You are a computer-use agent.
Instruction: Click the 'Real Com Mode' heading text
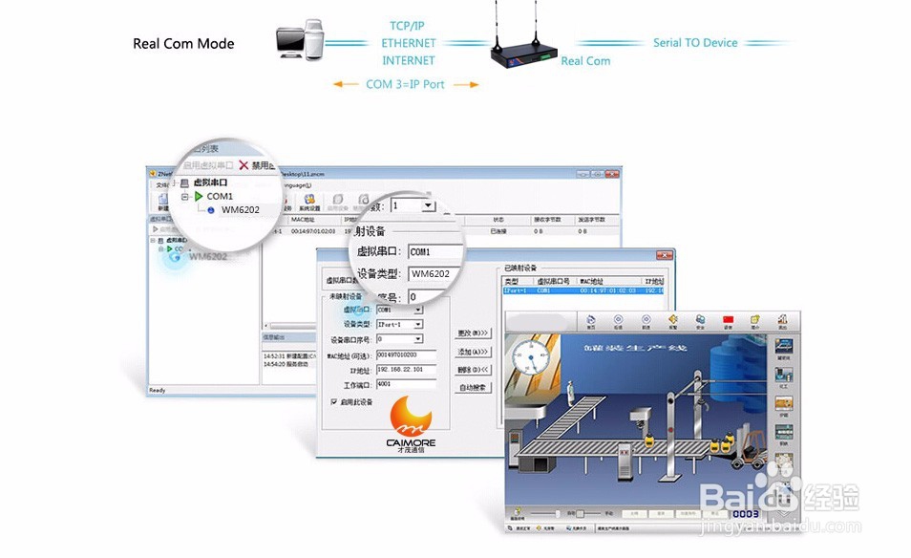click(183, 44)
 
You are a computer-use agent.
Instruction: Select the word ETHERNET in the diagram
click(409, 43)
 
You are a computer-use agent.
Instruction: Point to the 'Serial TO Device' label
click(695, 43)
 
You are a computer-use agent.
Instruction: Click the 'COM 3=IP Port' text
click(405, 84)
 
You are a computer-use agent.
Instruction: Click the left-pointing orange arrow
click(344, 84)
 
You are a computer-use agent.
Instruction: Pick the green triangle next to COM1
click(199, 197)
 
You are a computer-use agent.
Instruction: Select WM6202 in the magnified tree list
click(240, 210)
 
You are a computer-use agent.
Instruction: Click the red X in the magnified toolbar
click(244, 165)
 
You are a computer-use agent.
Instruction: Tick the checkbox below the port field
click(333, 401)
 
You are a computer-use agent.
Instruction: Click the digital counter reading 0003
click(747, 514)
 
